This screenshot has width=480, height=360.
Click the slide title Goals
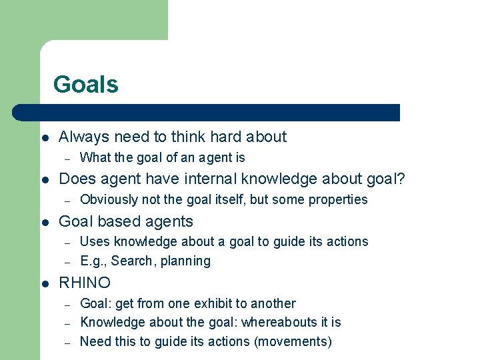pos(85,85)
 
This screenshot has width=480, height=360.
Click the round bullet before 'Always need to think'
pos(44,138)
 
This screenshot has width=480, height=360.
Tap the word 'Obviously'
pos(108,199)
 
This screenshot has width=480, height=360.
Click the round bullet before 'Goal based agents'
pos(44,223)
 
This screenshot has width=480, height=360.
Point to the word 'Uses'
pos(95,241)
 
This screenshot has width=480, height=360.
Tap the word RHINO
pos(85,283)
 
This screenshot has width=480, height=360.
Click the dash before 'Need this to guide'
pos(67,342)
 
